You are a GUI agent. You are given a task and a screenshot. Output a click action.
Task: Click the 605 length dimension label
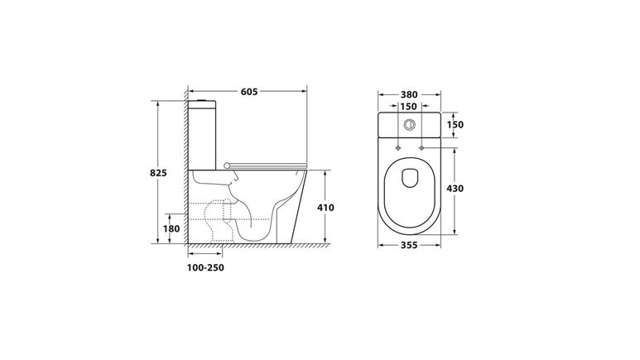pos(249,92)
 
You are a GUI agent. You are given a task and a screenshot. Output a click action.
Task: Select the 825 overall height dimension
pos(158,173)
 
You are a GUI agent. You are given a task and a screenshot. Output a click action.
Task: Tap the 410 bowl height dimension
pos(325,208)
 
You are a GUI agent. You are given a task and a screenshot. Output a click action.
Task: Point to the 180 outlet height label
pos(171,228)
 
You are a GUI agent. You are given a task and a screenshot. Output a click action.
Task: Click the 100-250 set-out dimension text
pos(205,268)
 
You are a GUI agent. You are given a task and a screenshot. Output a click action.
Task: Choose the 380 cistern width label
pos(409,94)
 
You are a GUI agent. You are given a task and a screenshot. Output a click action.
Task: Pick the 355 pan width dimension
pos(409,245)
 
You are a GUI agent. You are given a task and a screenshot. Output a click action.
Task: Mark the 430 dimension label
pos(455,189)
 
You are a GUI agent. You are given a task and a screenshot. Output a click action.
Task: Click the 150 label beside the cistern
pos(455,124)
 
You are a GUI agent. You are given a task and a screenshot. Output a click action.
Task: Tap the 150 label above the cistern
pos(408,107)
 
